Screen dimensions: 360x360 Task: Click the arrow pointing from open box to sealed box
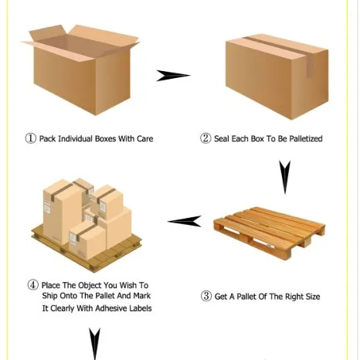pos(173,76)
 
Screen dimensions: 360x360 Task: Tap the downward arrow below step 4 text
pos(94,343)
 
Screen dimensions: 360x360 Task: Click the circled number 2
pos(205,139)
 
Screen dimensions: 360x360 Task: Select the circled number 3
pos(206,296)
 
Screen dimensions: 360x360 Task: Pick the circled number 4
pos(32,284)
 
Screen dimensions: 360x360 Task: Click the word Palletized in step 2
pos(303,139)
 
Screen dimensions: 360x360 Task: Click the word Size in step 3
pos(309,296)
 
